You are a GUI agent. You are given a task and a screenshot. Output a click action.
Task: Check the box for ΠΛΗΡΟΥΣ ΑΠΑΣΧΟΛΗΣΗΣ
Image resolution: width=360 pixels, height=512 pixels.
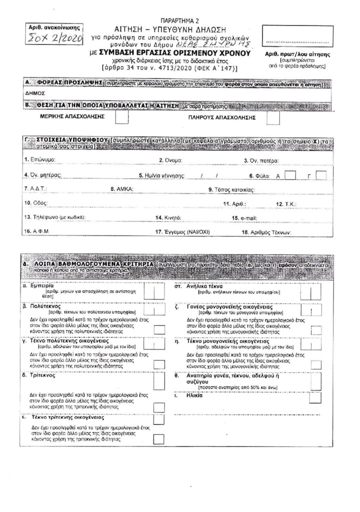tap(272, 117)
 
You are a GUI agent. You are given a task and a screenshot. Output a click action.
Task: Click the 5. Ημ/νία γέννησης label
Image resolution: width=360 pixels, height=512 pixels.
tap(161, 176)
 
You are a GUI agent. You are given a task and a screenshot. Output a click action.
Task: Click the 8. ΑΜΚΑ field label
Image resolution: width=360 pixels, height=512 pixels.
tap(119, 190)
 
